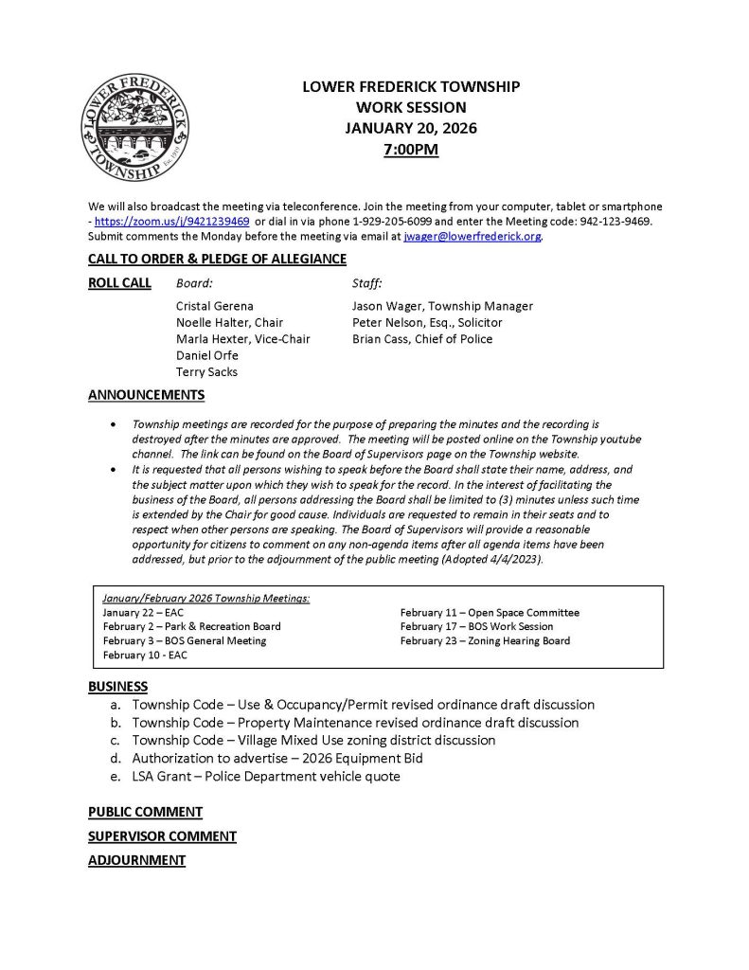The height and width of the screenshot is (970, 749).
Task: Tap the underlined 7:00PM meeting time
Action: click(411, 149)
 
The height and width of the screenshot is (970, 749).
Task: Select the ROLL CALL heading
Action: click(119, 283)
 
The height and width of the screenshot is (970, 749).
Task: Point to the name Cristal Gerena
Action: click(216, 306)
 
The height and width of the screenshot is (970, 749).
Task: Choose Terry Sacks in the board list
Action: click(206, 372)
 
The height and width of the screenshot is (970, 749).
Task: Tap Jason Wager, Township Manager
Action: click(442, 306)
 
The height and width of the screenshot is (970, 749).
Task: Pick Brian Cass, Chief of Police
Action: click(422, 339)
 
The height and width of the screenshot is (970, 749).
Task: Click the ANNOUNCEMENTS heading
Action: click(146, 395)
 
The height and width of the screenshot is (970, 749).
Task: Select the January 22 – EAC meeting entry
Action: click(143, 613)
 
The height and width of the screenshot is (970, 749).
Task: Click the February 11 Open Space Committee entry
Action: click(490, 613)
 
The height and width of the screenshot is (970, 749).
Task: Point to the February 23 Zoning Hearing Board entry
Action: click(485, 641)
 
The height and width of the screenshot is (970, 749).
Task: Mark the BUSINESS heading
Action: click(118, 686)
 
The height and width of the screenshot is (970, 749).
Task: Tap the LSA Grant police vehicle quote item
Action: click(266, 776)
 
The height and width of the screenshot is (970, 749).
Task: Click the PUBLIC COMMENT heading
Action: click(145, 812)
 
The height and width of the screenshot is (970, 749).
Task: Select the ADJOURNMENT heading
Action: click(136, 860)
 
